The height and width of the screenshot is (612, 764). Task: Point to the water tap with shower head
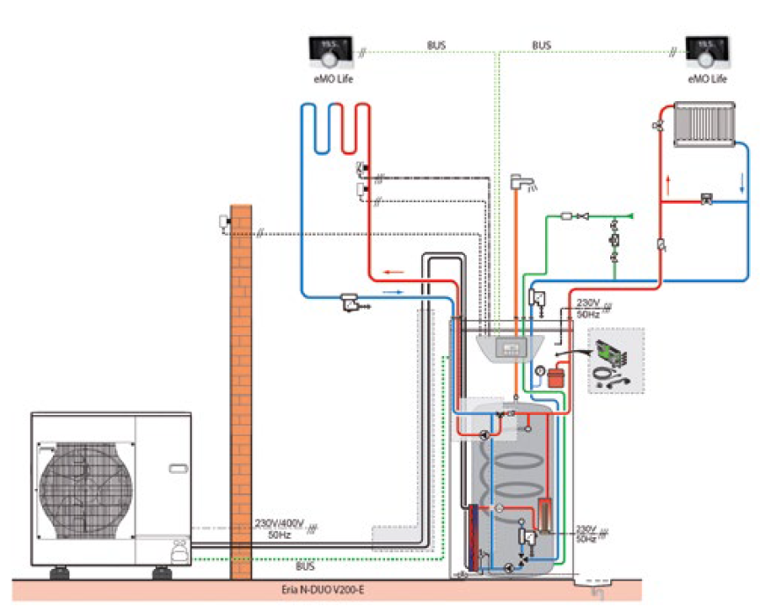pyautogui.click(x=524, y=185)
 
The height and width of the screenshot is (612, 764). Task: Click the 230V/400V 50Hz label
pyautogui.click(x=279, y=527)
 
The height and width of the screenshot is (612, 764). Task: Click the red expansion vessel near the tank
pyautogui.click(x=556, y=378)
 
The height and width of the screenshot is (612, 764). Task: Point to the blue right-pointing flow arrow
pyautogui.click(x=395, y=290)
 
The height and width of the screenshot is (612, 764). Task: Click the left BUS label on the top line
pyautogui.click(x=436, y=44)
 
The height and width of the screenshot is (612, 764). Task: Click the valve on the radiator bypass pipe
pyautogui.click(x=706, y=200)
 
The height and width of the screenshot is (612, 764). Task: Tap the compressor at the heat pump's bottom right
pyautogui.click(x=178, y=551)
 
